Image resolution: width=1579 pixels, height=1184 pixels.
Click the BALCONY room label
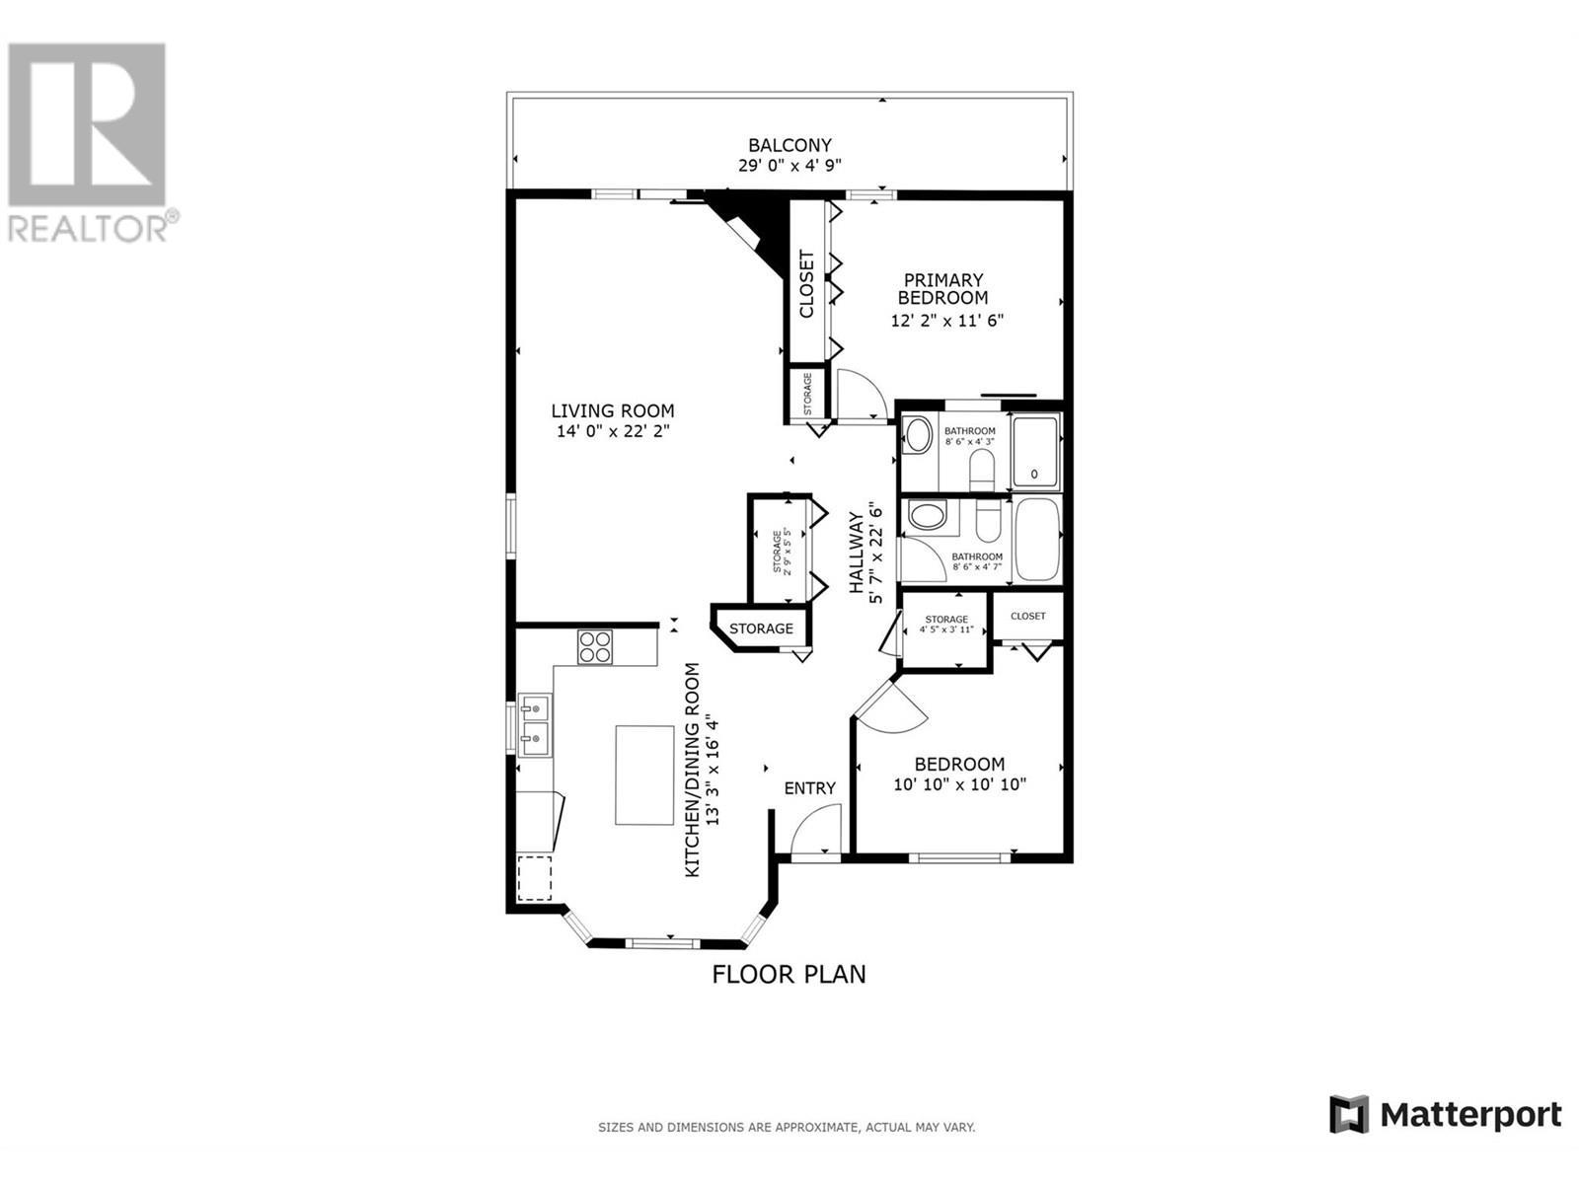tap(789, 145)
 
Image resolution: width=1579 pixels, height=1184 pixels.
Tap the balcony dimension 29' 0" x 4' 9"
tap(789, 166)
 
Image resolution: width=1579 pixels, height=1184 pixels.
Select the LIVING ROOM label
tap(612, 410)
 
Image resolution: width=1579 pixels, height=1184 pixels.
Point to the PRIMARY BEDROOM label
tap(942, 289)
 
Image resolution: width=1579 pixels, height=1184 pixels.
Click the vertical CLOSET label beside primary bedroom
tap(806, 285)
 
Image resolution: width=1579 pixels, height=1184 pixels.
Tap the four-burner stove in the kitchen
tap(595, 645)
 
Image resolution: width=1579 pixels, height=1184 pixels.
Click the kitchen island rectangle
tap(644, 775)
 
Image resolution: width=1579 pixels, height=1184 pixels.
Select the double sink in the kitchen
tap(535, 722)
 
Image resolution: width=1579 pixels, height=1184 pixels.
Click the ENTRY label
tap(809, 788)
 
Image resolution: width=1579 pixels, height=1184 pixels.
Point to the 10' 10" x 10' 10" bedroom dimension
tap(959, 785)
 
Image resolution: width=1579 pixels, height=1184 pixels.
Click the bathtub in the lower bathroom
tap(1035, 540)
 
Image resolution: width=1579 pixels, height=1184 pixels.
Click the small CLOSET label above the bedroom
tap(1027, 616)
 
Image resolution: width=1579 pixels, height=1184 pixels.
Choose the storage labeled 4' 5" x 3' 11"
tap(946, 625)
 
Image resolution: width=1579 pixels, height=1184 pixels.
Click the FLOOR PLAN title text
tap(789, 975)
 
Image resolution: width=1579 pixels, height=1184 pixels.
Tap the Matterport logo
tap(1445, 1115)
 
